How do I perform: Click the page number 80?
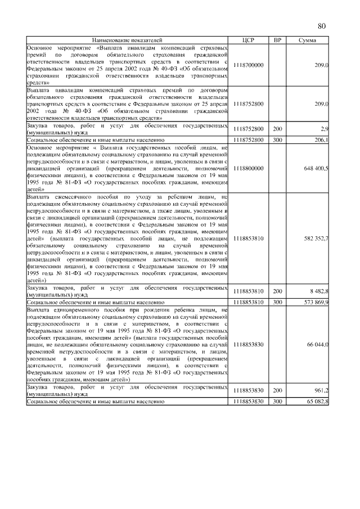click(x=322, y=26)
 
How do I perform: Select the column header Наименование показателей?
click(x=127, y=40)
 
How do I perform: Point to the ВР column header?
click(x=277, y=40)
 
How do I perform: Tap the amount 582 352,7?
click(x=317, y=239)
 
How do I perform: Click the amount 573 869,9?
click(x=317, y=302)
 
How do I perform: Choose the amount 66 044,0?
click(x=318, y=344)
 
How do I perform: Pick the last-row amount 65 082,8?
click(x=318, y=401)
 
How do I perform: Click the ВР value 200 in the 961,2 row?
click(x=277, y=390)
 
